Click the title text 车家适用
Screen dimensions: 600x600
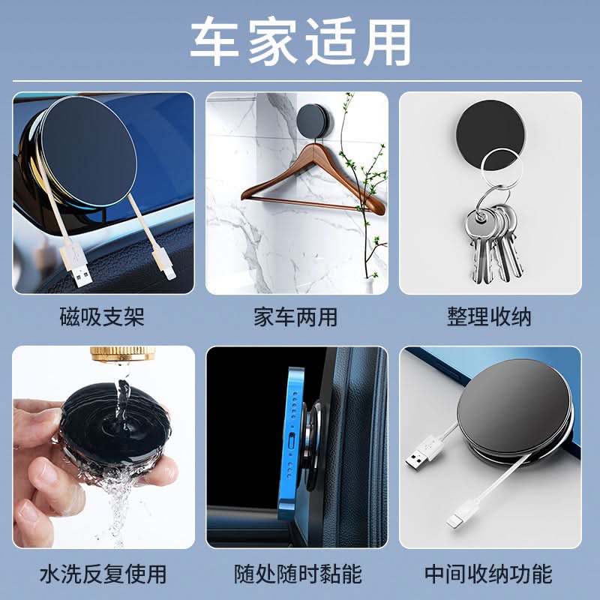[x=301, y=42]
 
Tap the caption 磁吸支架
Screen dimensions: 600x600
[x=102, y=316]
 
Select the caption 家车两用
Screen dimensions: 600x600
[x=295, y=316]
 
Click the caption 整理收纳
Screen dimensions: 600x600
[x=489, y=316]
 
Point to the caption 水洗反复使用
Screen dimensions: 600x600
[x=103, y=574]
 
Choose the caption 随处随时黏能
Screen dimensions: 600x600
[x=298, y=574]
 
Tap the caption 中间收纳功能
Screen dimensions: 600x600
[x=489, y=574]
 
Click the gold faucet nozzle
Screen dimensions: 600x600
[x=123, y=353]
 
